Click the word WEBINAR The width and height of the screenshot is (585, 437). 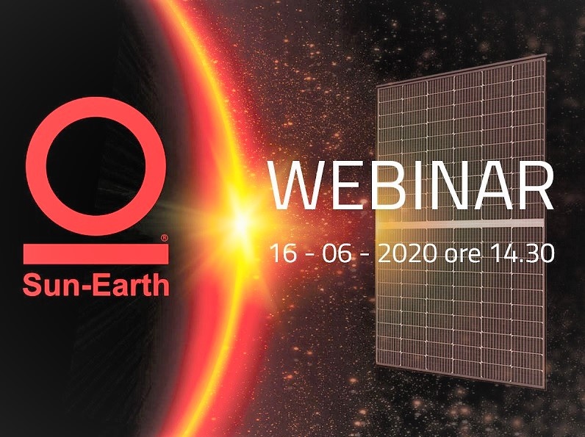coord(411,185)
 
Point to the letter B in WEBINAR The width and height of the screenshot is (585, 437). coord(384,185)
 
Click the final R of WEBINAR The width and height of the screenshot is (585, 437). coord(536,185)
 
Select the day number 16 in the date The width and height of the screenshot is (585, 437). coord(283,253)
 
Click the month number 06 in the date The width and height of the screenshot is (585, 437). coord(337,253)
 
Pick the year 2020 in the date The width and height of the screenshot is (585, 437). coord(407,253)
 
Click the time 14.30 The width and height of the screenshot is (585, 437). coord(522,253)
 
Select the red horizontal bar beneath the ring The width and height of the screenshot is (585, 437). coord(96,254)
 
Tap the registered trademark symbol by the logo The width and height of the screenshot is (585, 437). coord(164,238)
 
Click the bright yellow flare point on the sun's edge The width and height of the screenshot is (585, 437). coord(242,223)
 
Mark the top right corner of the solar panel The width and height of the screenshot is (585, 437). coord(546,54)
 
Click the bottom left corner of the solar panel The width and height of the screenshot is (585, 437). coord(376,364)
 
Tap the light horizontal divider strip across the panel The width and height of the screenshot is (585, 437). coord(460,224)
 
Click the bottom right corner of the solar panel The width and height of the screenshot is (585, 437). coord(544,388)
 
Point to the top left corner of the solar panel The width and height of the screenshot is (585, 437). coord(376,87)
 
